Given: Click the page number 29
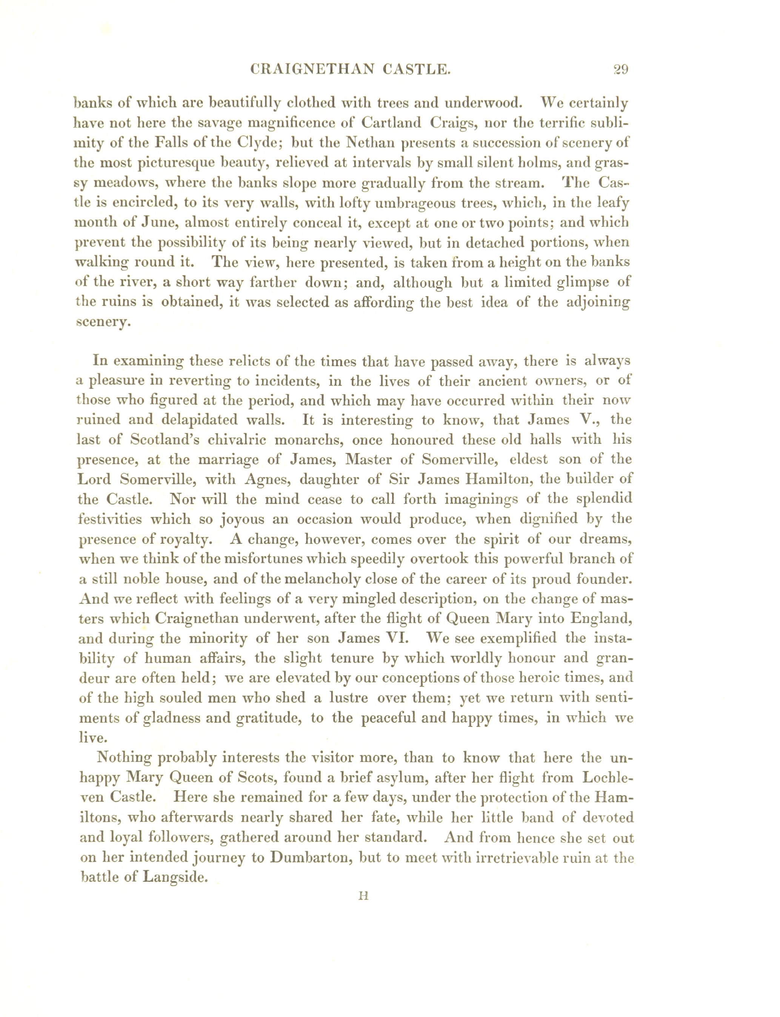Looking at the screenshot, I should (620, 70).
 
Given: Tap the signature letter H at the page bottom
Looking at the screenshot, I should (363, 896).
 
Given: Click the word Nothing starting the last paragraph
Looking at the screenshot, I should (124, 757).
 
